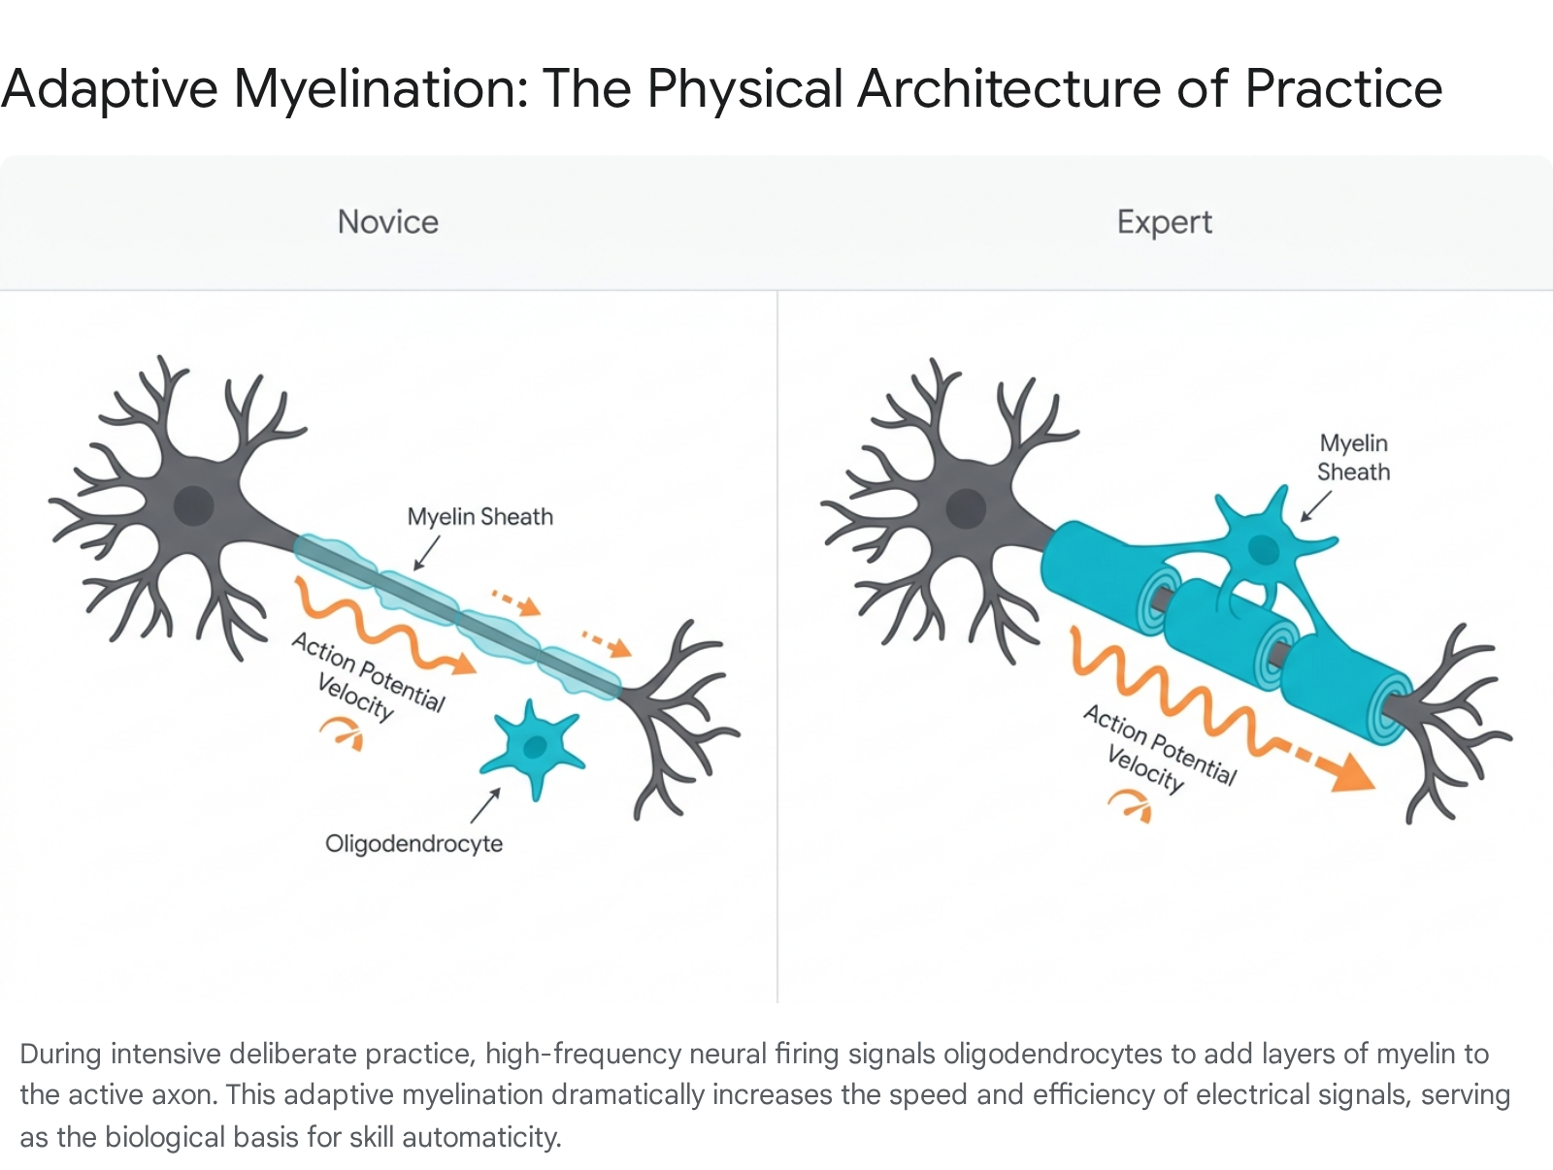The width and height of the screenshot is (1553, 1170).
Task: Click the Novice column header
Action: (387, 222)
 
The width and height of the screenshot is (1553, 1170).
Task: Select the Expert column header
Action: (1165, 222)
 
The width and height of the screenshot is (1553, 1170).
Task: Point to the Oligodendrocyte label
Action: (413, 843)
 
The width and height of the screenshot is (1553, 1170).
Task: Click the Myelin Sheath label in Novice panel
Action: (479, 516)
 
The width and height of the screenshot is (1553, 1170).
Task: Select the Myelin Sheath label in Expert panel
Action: (1353, 457)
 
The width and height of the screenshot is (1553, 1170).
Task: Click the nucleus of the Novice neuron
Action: (193, 505)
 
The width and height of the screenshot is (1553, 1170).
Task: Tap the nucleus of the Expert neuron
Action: (966, 508)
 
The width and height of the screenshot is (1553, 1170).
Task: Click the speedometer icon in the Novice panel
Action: (343, 733)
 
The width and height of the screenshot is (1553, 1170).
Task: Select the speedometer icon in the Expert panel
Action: (1131, 806)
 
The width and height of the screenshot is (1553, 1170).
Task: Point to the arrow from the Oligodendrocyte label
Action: (485, 806)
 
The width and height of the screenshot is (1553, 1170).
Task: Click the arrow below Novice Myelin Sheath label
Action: (427, 553)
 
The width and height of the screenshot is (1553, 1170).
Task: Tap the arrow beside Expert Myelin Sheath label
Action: (1316, 506)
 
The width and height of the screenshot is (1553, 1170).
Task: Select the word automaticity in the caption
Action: (481, 1137)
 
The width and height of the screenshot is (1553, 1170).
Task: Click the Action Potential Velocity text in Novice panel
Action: (367, 676)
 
